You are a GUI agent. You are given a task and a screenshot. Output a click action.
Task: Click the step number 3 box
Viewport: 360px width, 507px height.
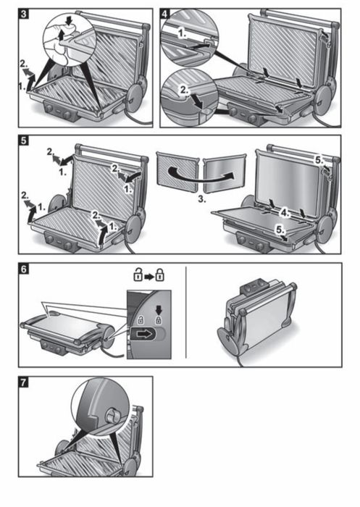point(24,14)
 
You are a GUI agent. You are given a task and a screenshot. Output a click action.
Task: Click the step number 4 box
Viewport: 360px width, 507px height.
point(165,14)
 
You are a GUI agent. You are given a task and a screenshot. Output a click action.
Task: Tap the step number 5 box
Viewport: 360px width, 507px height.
point(24,141)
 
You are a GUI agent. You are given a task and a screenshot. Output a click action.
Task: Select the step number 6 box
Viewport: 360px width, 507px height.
point(24,269)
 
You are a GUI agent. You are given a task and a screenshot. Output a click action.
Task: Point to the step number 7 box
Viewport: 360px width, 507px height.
point(24,382)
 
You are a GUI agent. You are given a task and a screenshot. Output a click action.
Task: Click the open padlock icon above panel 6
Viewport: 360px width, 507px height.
point(138,275)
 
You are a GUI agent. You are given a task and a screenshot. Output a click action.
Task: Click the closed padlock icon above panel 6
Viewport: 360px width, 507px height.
point(160,275)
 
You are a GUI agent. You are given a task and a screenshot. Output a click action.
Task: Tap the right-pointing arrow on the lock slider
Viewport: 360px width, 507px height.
point(144,334)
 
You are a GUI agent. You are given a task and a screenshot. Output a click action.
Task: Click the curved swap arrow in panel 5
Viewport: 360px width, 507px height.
point(201,172)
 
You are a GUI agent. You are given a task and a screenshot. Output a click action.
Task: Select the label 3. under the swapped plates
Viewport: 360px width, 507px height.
point(202,199)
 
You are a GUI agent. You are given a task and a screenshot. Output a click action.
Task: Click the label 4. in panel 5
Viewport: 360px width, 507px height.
point(285,213)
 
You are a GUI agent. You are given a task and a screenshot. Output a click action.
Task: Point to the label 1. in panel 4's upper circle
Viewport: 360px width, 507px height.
point(183,33)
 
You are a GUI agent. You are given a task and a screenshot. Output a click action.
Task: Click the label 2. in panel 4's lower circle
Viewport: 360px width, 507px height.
point(184,91)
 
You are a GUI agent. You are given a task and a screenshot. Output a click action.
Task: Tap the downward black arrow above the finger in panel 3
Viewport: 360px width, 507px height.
point(69,21)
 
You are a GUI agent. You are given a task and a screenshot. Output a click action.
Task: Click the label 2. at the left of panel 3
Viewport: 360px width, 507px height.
point(24,64)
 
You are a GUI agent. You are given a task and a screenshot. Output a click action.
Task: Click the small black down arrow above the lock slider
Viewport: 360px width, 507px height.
point(159,311)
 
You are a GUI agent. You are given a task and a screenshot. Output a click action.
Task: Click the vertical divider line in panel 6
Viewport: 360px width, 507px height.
point(186,312)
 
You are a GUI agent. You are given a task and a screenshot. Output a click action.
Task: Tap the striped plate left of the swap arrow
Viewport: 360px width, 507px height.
point(177,171)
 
